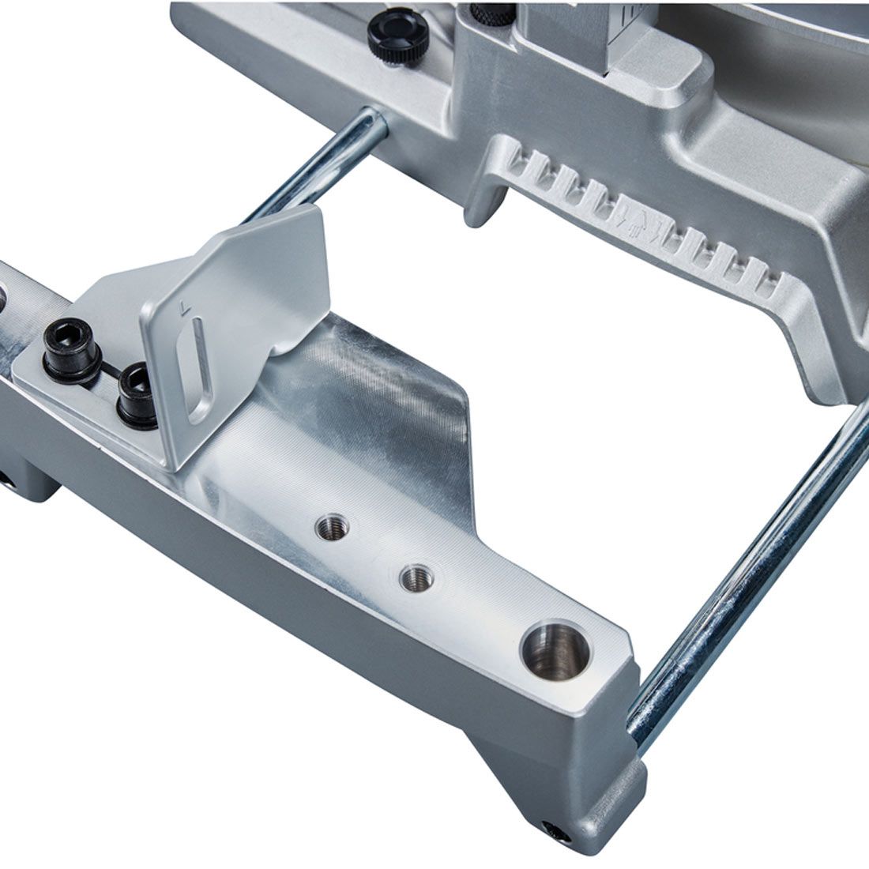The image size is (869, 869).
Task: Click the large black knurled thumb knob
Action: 398,30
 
